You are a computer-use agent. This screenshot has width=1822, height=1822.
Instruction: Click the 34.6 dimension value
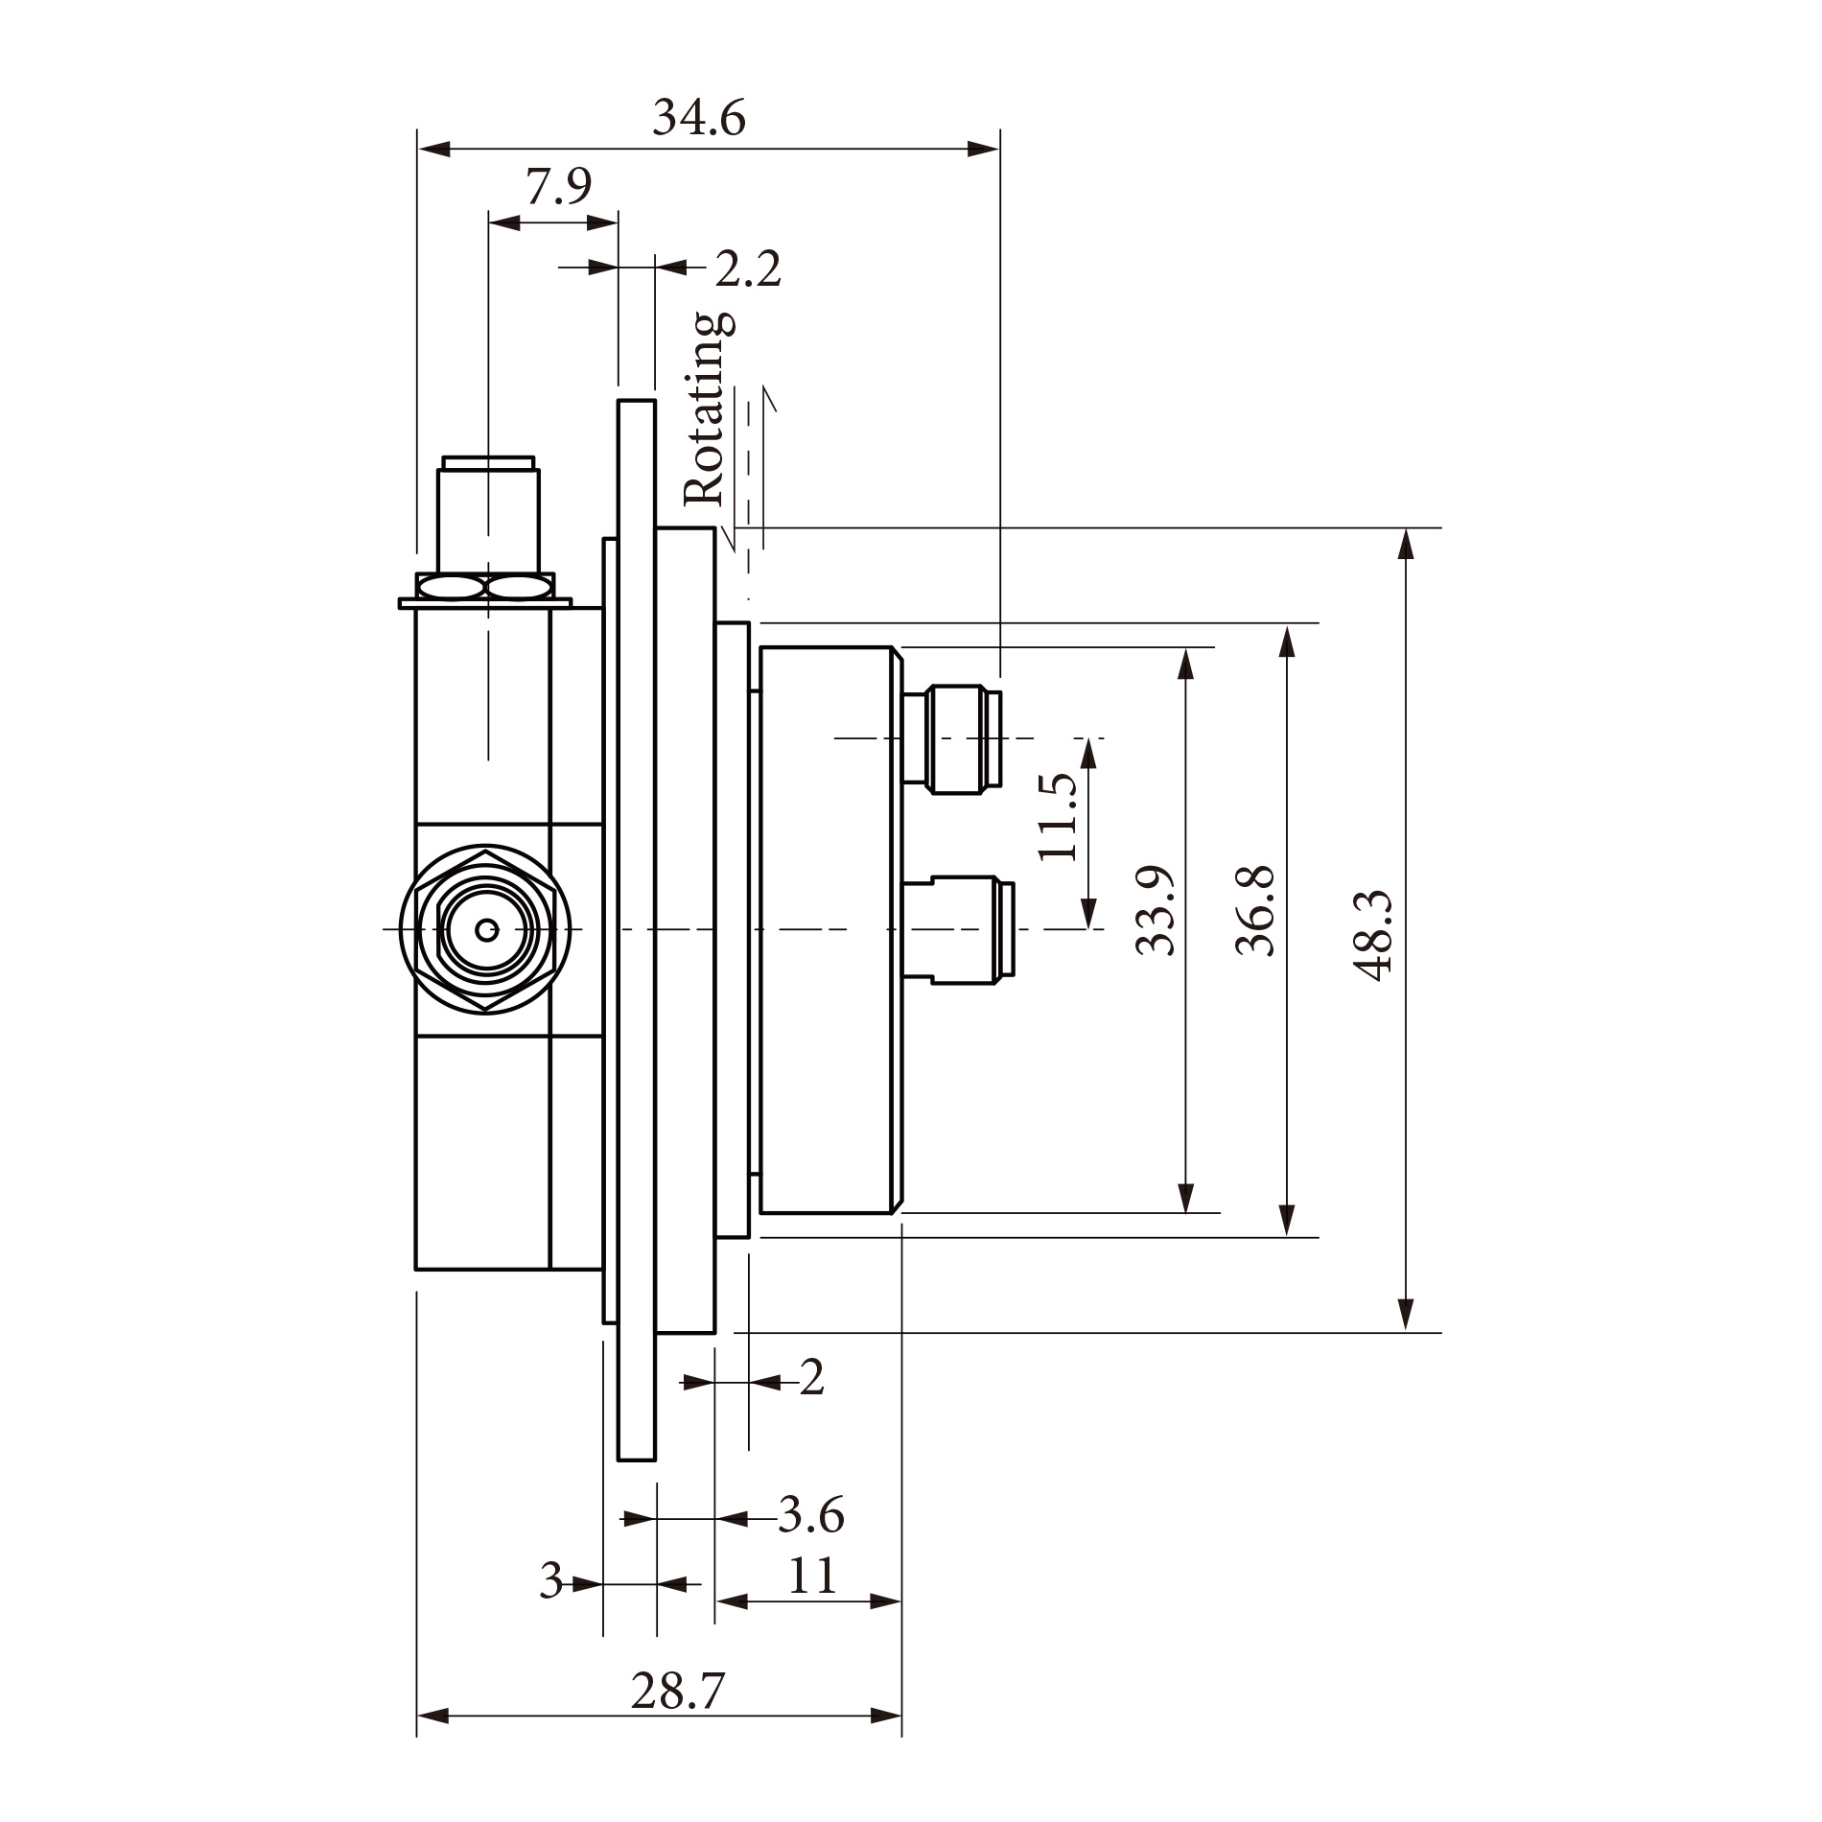pyautogui.click(x=698, y=119)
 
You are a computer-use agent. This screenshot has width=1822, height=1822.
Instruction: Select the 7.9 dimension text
pyautogui.click(x=558, y=187)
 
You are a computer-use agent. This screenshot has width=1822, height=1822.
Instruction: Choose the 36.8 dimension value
pyautogui.click(x=1255, y=911)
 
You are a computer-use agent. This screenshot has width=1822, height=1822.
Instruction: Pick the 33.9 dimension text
pyautogui.click(x=1155, y=911)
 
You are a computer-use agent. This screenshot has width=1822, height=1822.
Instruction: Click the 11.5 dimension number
pyautogui.click(x=1058, y=816)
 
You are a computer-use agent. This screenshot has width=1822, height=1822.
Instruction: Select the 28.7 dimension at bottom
pyautogui.click(x=677, y=1691)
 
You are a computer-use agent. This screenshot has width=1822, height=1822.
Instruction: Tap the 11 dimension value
pyautogui.click(x=812, y=1576)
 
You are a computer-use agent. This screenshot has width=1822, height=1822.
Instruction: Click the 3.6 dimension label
pyautogui.click(x=811, y=1516)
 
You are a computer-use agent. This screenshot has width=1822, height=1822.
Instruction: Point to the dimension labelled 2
pyautogui.click(x=811, y=1379)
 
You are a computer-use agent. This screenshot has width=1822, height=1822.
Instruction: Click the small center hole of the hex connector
pyautogui.click(x=487, y=928)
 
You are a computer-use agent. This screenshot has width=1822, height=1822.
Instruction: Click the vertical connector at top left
pyautogui.click(x=488, y=518)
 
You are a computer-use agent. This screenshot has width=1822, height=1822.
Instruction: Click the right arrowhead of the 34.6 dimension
pyautogui.click(x=983, y=149)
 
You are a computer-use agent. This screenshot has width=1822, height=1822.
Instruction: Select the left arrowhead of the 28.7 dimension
pyautogui.click(x=433, y=1716)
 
